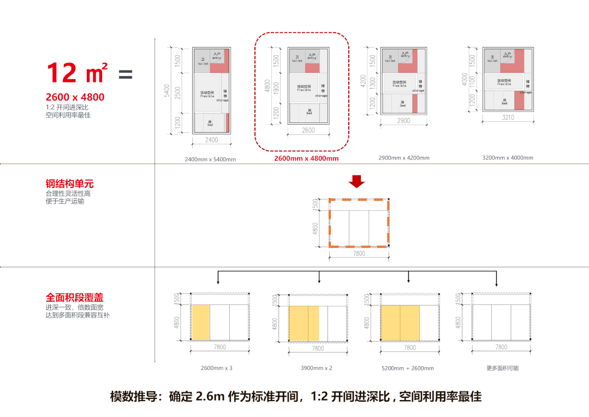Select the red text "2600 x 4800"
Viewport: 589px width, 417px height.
click(x=75, y=98)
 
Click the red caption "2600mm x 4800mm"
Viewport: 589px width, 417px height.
click(x=306, y=158)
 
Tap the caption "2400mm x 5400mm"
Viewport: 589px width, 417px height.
click(x=210, y=159)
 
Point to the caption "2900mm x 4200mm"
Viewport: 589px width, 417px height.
click(x=403, y=158)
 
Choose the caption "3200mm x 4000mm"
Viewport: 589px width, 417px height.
click(x=507, y=158)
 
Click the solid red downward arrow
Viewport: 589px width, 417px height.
click(x=357, y=181)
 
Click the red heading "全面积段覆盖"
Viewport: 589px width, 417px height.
click(x=74, y=298)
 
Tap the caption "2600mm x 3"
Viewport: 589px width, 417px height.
click(x=216, y=368)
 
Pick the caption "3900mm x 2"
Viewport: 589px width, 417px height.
click(x=316, y=368)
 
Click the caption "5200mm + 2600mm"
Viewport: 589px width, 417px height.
click(x=407, y=368)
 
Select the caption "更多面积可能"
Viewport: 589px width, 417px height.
click(x=502, y=368)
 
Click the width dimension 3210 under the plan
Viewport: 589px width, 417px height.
click(x=508, y=117)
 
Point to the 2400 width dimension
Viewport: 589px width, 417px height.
click(x=211, y=140)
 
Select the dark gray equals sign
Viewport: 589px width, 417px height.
click(x=126, y=74)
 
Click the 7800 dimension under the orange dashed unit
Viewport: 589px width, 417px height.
click(x=359, y=254)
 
